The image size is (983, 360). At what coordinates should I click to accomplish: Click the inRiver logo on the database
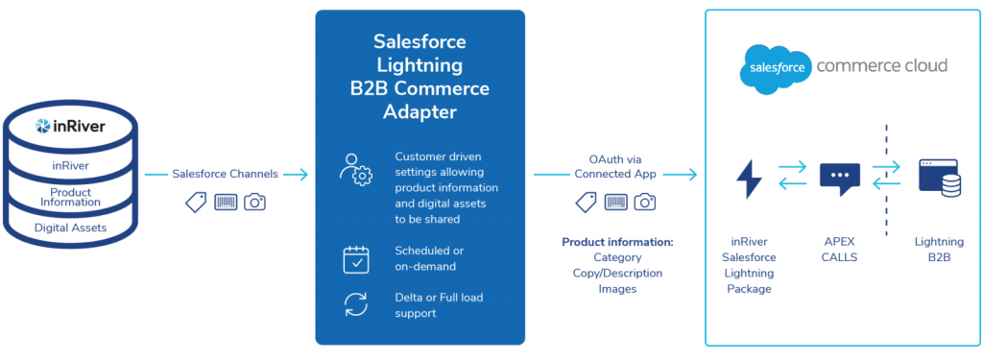pyautogui.click(x=70, y=127)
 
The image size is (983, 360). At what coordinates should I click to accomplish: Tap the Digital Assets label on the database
pyautogui.click(x=70, y=228)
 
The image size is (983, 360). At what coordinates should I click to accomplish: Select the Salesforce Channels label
pyautogui.click(x=225, y=174)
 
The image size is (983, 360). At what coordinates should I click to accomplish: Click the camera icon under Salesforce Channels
pyautogui.click(x=255, y=202)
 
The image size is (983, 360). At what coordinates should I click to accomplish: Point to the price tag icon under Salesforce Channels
pyautogui.click(x=196, y=202)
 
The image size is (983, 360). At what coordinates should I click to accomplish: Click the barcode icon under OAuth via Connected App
pyautogui.click(x=616, y=202)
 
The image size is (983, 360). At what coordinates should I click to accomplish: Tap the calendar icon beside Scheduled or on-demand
pyautogui.click(x=356, y=259)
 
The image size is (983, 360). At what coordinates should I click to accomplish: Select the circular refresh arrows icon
pyautogui.click(x=356, y=305)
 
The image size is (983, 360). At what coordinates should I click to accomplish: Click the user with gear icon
pyautogui.click(x=355, y=169)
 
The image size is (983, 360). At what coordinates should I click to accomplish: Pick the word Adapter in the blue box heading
pyautogui.click(x=420, y=112)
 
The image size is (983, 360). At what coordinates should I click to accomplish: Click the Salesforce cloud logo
pyautogui.click(x=775, y=68)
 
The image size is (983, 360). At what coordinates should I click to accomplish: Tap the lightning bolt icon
pyautogui.click(x=749, y=179)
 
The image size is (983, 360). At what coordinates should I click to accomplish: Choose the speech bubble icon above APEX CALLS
pyautogui.click(x=839, y=178)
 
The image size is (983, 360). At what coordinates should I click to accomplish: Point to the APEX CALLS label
pyautogui.click(x=839, y=249)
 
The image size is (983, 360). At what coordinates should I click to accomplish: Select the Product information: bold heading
pyautogui.click(x=617, y=242)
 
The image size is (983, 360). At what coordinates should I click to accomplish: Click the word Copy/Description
pyautogui.click(x=617, y=274)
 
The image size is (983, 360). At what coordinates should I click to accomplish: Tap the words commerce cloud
pyautogui.click(x=881, y=65)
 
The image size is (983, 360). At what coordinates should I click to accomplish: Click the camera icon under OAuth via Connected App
pyautogui.click(x=645, y=202)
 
